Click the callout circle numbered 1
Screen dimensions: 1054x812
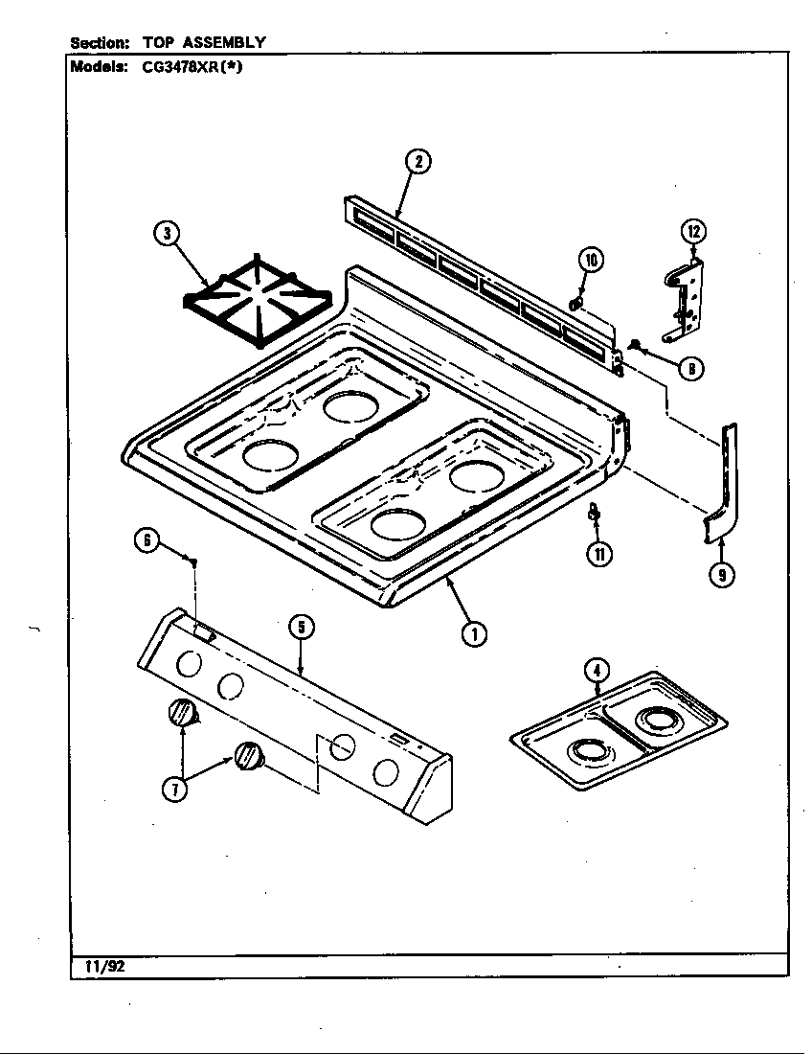tap(472, 633)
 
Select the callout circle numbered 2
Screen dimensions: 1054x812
tap(417, 161)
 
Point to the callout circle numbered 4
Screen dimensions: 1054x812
tap(596, 670)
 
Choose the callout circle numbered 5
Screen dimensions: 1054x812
tap(301, 628)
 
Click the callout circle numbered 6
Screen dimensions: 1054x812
tap(147, 541)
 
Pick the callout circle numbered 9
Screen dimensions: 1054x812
tap(724, 574)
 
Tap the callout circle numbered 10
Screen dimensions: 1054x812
tap(591, 260)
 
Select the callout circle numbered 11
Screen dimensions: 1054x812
tap(599, 553)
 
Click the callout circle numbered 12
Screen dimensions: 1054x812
tap(693, 231)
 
